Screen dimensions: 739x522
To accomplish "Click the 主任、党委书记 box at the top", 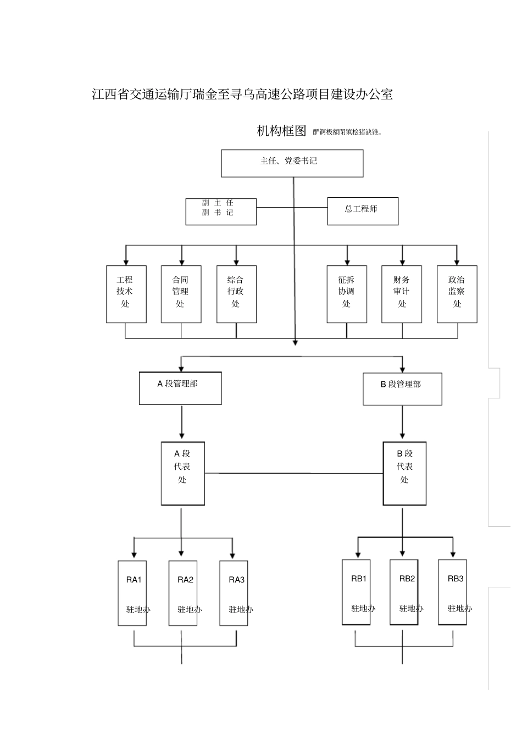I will click(292, 163).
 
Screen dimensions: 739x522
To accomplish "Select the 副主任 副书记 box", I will click(221, 212).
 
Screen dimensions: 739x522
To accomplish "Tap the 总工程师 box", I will click(363, 212).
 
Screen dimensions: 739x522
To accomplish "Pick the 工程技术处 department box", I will click(126, 294).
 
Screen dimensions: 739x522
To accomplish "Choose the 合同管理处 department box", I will click(181, 294).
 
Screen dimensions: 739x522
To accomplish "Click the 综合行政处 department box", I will click(236, 294).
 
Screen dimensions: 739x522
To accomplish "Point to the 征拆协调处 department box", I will click(347, 294).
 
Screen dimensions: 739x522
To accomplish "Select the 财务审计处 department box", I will click(402, 294).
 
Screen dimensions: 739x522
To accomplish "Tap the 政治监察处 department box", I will click(457, 294).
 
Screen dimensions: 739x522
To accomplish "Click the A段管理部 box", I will click(180, 388).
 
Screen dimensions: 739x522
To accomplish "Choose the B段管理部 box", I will click(402, 388).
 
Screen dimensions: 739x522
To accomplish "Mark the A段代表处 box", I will click(182, 473).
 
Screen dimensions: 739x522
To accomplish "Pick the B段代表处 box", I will click(404, 473).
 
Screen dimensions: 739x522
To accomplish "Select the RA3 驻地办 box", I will click(234, 593).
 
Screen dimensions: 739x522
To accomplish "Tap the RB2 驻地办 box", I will click(404, 592).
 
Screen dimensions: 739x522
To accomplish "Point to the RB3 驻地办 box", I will click(452, 592).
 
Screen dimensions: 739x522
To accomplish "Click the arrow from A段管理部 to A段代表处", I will click(182, 423).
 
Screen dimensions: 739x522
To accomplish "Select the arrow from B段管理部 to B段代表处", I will click(403, 423).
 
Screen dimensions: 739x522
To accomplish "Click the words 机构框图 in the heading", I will click(281, 131).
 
